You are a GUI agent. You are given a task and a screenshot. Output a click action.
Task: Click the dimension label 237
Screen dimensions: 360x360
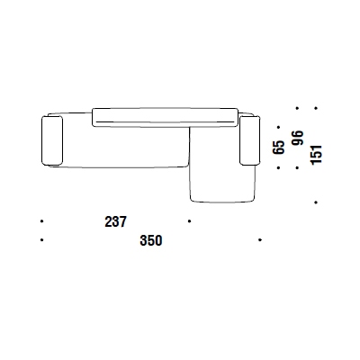pos(116,221)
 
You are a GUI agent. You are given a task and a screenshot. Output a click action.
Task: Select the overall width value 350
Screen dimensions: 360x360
pos(150,240)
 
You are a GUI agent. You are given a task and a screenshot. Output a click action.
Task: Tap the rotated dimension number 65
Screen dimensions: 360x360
pos(279,146)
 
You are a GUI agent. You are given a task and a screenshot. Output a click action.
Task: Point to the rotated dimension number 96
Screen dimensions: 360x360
pos(297,140)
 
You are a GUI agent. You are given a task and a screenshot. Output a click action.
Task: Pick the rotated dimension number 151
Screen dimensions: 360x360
pos(316,141)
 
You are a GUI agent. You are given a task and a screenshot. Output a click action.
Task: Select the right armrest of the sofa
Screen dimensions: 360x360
pos(249,139)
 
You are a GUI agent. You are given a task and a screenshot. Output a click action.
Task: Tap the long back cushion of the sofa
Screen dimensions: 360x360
pos(165,115)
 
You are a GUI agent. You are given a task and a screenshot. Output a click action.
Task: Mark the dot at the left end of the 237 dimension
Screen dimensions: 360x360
pos(42,220)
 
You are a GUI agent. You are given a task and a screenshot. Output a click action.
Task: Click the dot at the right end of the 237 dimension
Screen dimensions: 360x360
pos(189,220)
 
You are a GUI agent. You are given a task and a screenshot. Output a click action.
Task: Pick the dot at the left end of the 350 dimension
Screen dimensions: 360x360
pos(42,240)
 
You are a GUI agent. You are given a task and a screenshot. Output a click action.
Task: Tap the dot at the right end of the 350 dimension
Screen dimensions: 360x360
pos(259,240)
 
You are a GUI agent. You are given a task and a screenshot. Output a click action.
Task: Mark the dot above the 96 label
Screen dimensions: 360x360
pos(298,110)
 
